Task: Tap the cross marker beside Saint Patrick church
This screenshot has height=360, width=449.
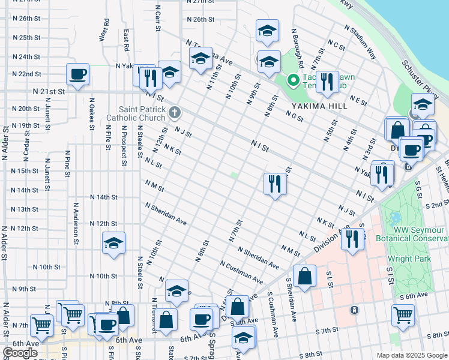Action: pyautogui.click(x=174, y=112)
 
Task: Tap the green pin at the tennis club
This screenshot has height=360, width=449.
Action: pyautogui.click(x=294, y=79)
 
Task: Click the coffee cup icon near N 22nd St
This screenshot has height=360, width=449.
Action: pyautogui.click(x=77, y=75)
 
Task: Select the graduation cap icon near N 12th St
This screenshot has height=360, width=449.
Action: pyautogui.click(x=113, y=244)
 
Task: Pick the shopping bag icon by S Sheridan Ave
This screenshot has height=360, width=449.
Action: pyautogui.click(x=305, y=277)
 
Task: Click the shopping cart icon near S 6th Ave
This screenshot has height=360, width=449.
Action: pyautogui.click(x=403, y=314)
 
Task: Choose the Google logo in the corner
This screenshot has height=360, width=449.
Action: pyautogui.click(x=20, y=353)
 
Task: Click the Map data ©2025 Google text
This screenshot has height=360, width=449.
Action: pyautogui.click(x=412, y=355)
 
